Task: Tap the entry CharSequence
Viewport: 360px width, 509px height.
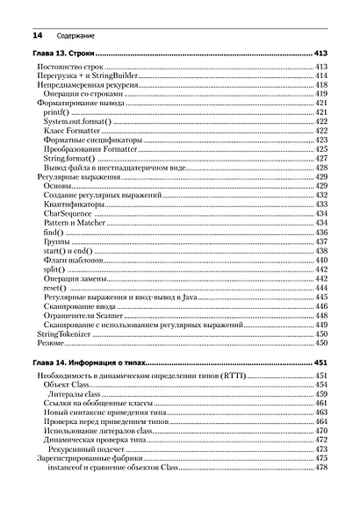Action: tap(67, 213)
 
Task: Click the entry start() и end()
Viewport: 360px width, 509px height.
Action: tap(68, 250)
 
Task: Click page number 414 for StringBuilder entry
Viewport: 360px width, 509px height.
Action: tap(320, 75)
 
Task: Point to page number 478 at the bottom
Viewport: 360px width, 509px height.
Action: tap(320, 467)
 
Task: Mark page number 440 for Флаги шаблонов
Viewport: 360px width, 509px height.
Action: tap(320, 260)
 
